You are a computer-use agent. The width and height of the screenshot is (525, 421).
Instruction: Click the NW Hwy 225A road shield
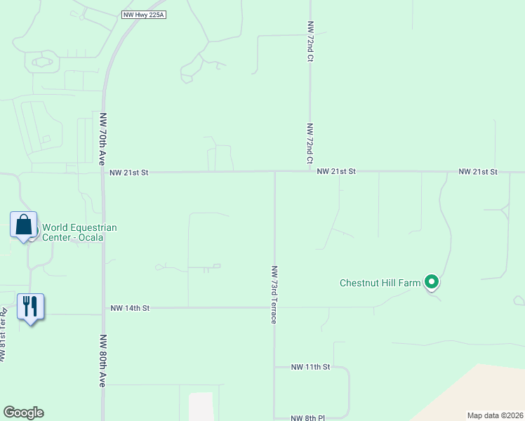pos(143,14)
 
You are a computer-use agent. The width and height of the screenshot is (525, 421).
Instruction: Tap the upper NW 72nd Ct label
pos(310,41)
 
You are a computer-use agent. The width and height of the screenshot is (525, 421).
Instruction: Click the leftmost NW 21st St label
pos(130,171)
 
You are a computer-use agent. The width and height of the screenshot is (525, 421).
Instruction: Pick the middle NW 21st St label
pos(336,171)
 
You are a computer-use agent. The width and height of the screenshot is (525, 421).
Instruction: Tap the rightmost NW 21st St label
pos(478,171)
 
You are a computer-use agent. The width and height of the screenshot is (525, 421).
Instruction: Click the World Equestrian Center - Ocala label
pos(79,232)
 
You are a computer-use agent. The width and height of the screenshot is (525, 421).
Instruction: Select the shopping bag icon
pos(24,225)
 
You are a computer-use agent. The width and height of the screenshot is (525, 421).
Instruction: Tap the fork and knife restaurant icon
pos(30,307)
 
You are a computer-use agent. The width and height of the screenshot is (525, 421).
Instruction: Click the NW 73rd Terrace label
pos(274,294)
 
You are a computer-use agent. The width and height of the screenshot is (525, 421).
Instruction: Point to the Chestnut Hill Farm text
pos(380,283)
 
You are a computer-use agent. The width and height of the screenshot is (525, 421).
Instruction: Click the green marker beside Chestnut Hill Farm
pos(432,283)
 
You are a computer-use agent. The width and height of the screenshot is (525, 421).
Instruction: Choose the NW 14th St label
pos(131,307)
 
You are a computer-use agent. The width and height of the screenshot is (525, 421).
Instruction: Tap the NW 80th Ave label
pos(102,359)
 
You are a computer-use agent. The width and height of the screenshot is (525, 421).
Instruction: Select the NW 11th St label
pos(310,367)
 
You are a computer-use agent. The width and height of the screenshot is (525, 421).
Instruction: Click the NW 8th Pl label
pos(307,417)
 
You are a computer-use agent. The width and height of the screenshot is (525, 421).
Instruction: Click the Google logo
pos(23,413)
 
